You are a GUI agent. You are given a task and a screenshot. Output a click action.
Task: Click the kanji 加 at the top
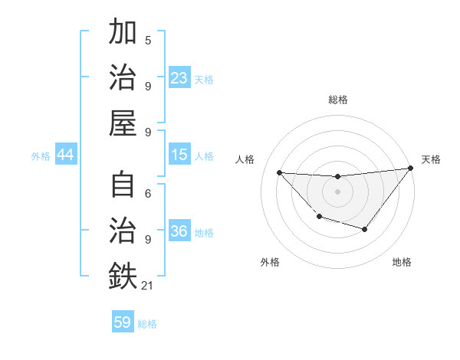point(123,33)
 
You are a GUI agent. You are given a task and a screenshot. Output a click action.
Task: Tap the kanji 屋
point(123,123)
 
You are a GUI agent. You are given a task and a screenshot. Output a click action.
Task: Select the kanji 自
point(123,186)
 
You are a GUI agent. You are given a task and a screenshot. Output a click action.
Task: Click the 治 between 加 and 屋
point(123,78)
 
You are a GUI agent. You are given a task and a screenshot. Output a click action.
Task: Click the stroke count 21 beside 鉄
point(148,286)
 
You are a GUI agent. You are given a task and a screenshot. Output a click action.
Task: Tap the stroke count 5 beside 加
point(148,40)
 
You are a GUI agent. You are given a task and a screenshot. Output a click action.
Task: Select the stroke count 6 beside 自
point(148,194)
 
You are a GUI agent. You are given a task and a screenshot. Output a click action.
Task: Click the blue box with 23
point(179,78)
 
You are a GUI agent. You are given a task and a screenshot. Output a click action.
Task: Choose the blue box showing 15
point(179,155)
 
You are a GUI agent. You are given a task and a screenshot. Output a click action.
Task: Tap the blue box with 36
point(179,231)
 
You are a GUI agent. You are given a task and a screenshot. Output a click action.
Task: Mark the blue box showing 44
point(65,155)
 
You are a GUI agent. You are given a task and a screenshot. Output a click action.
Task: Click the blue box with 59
point(123,322)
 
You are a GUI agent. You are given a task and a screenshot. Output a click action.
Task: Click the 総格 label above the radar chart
point(337,100)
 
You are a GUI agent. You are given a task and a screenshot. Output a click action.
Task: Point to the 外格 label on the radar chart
point(270,262)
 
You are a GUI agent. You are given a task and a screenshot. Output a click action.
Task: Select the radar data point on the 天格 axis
point(411,169)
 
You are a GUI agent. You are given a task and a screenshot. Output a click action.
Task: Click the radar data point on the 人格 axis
point(279,172)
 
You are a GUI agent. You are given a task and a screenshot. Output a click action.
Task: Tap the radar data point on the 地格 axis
point(365,229)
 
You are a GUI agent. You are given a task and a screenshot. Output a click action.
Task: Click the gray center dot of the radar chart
point(337,191)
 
